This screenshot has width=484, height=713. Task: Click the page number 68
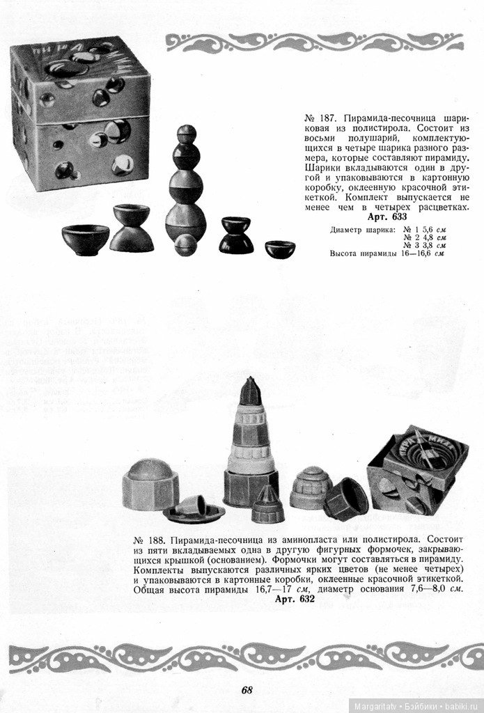tap(247, 690)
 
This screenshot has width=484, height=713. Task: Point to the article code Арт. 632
tap(295, 599)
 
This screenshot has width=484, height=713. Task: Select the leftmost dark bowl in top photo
tap(85, 239)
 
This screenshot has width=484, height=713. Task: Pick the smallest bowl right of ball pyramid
tap(279, 249)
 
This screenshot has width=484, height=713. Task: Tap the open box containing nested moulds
tap(417, 470)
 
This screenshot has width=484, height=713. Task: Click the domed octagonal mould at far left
tap(150, 484)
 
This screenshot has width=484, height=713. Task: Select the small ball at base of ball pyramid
tap(185, 244)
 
